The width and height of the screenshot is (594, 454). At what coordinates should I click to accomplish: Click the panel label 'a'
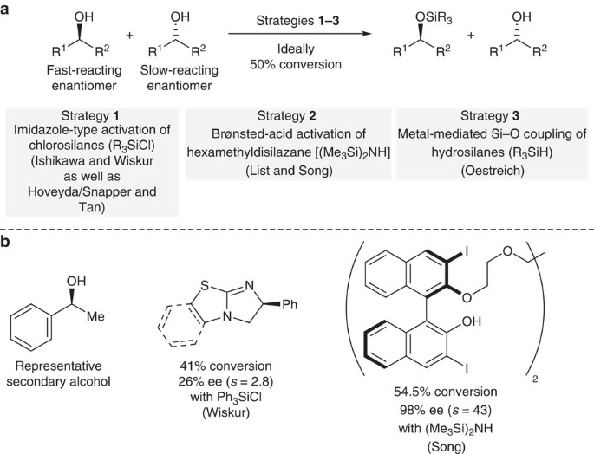pyautogui.click(x=8, y=10)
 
